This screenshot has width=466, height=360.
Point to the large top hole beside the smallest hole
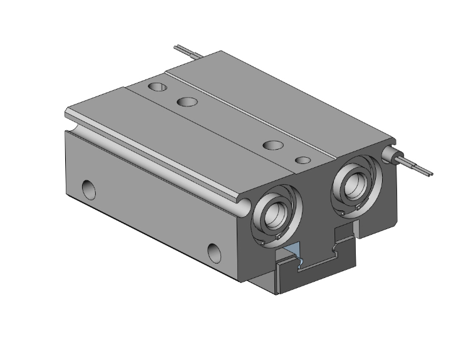click(x=273, y=145)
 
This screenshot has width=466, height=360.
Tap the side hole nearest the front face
click(x=215, y=250)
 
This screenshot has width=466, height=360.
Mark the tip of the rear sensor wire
click(x=177, y=47)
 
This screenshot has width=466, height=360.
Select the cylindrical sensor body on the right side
click(x=394, y=155)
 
